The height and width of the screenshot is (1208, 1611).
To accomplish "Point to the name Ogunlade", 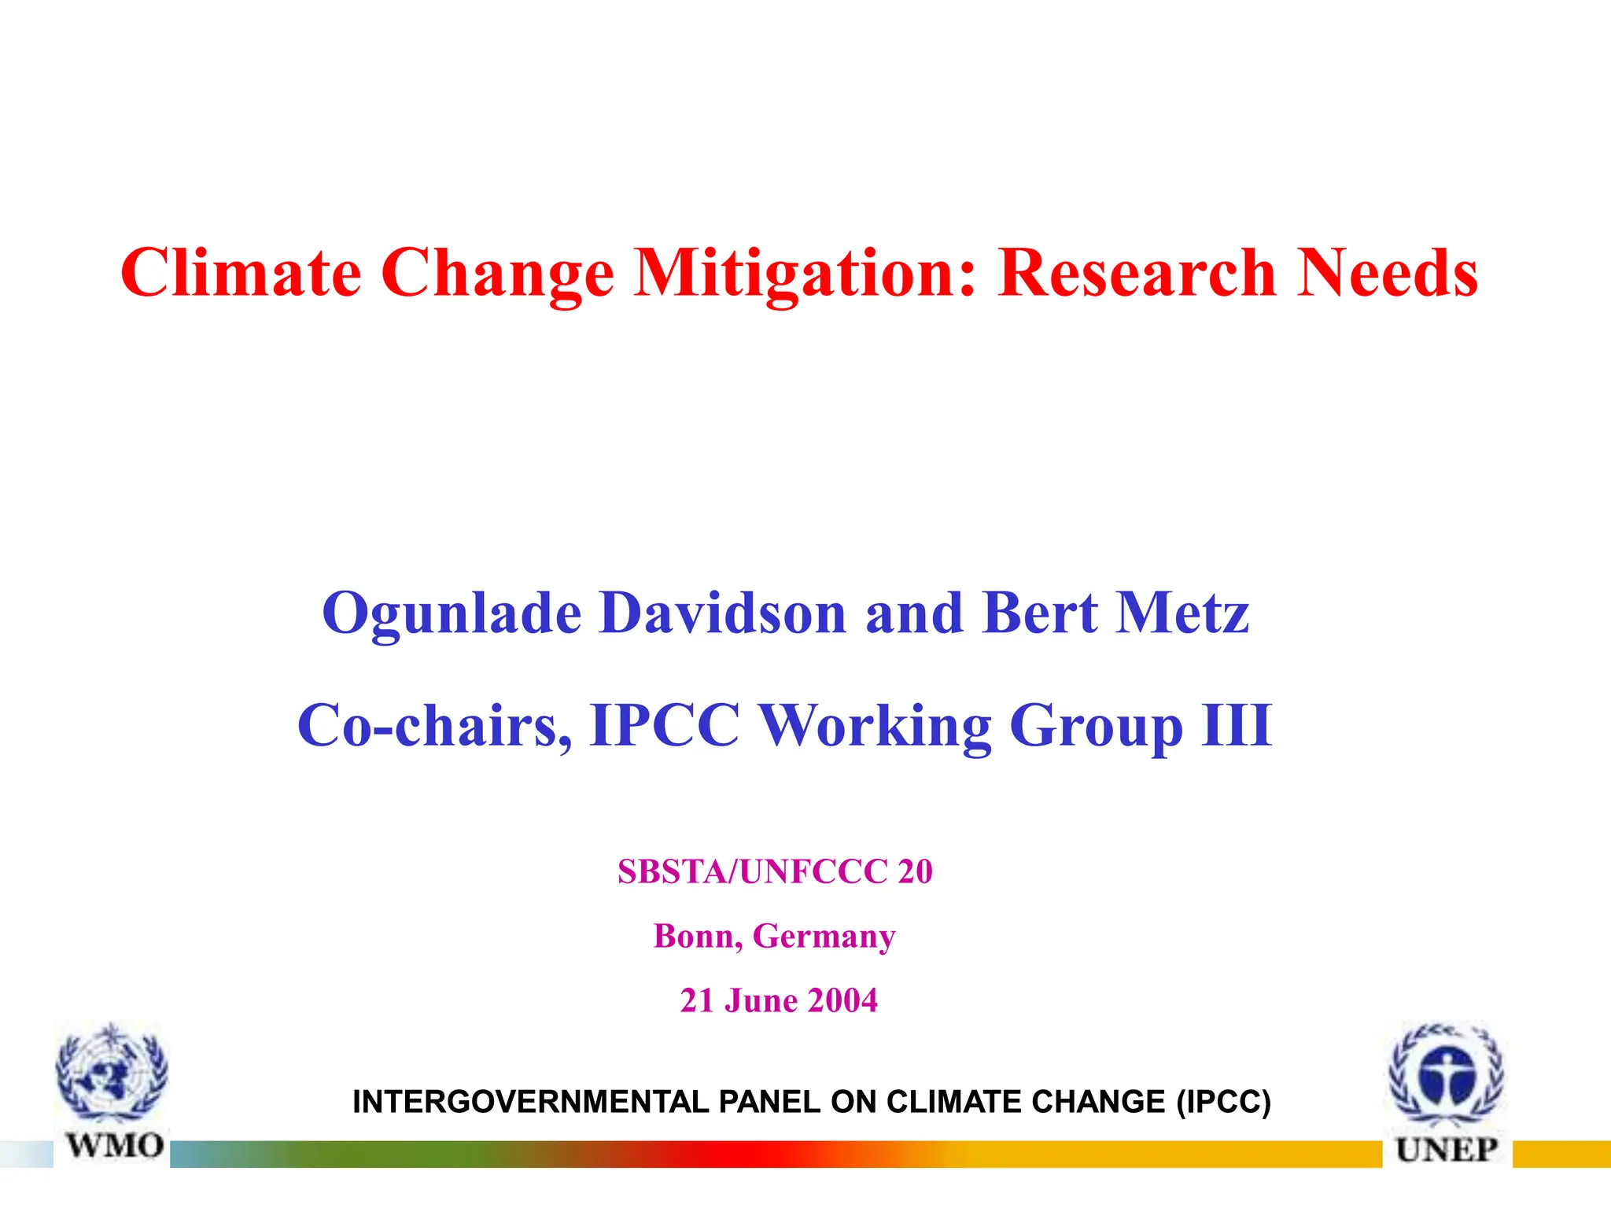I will [452, 613].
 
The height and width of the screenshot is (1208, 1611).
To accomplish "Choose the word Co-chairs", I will [433, 725].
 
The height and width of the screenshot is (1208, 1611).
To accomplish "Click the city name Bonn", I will [697, 936].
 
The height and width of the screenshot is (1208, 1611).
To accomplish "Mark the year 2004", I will [842, 1000].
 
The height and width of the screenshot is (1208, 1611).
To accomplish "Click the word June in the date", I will [761, 1000].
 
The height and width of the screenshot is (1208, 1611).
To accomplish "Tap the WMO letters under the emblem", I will [115, 1145].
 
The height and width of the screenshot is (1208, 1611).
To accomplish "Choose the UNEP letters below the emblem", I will [1447, 1150].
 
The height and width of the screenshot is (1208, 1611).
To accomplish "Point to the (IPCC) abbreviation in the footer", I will [1223, 1102].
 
